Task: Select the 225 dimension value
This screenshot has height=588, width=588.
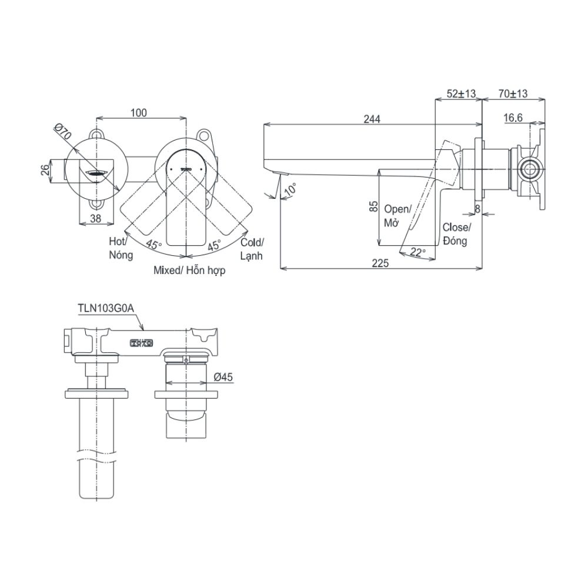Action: (380, 264)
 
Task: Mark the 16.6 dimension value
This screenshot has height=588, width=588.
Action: (513, 118)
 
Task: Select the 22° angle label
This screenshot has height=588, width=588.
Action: (418, 252)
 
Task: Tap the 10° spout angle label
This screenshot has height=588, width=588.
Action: (289, 191)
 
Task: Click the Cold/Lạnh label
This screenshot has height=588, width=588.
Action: (252, 249)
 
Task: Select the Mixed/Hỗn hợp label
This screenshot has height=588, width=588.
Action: (189, 271)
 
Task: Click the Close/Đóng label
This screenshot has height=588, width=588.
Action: (456, 234)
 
